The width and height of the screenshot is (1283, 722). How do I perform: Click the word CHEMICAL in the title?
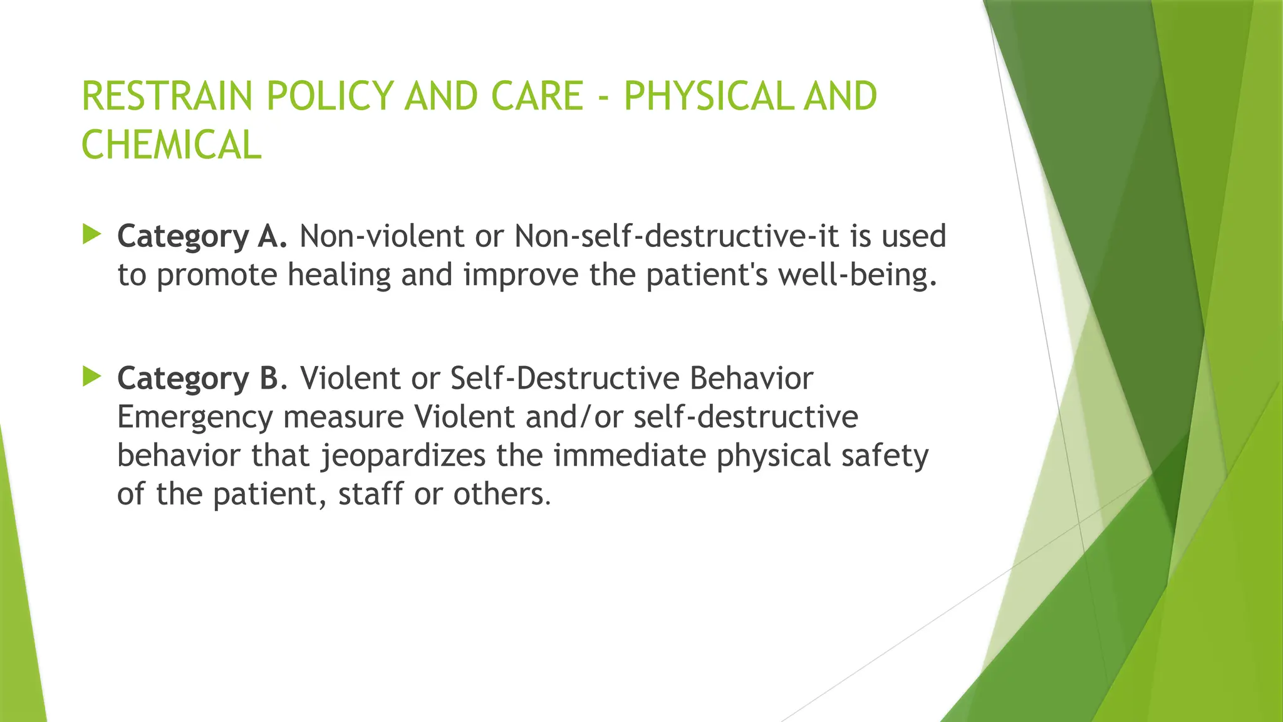point(171,145)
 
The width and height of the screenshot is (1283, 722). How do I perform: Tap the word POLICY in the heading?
point(329,97)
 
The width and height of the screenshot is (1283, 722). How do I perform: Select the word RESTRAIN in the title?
point(167,97)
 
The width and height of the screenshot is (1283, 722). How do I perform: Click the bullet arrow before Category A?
point(91,235)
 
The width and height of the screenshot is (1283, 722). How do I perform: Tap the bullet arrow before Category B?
point(91,377)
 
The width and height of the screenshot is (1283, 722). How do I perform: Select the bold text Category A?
point(202,237)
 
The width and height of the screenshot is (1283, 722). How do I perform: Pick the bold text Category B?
point(202,379)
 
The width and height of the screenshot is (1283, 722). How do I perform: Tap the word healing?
point(339,275)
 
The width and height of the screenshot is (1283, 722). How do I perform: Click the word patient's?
point(706,275)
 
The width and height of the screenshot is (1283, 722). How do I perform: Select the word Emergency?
point(195,417)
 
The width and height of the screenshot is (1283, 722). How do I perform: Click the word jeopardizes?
point(403,456)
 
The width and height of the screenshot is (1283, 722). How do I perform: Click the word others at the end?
point(501,494)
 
